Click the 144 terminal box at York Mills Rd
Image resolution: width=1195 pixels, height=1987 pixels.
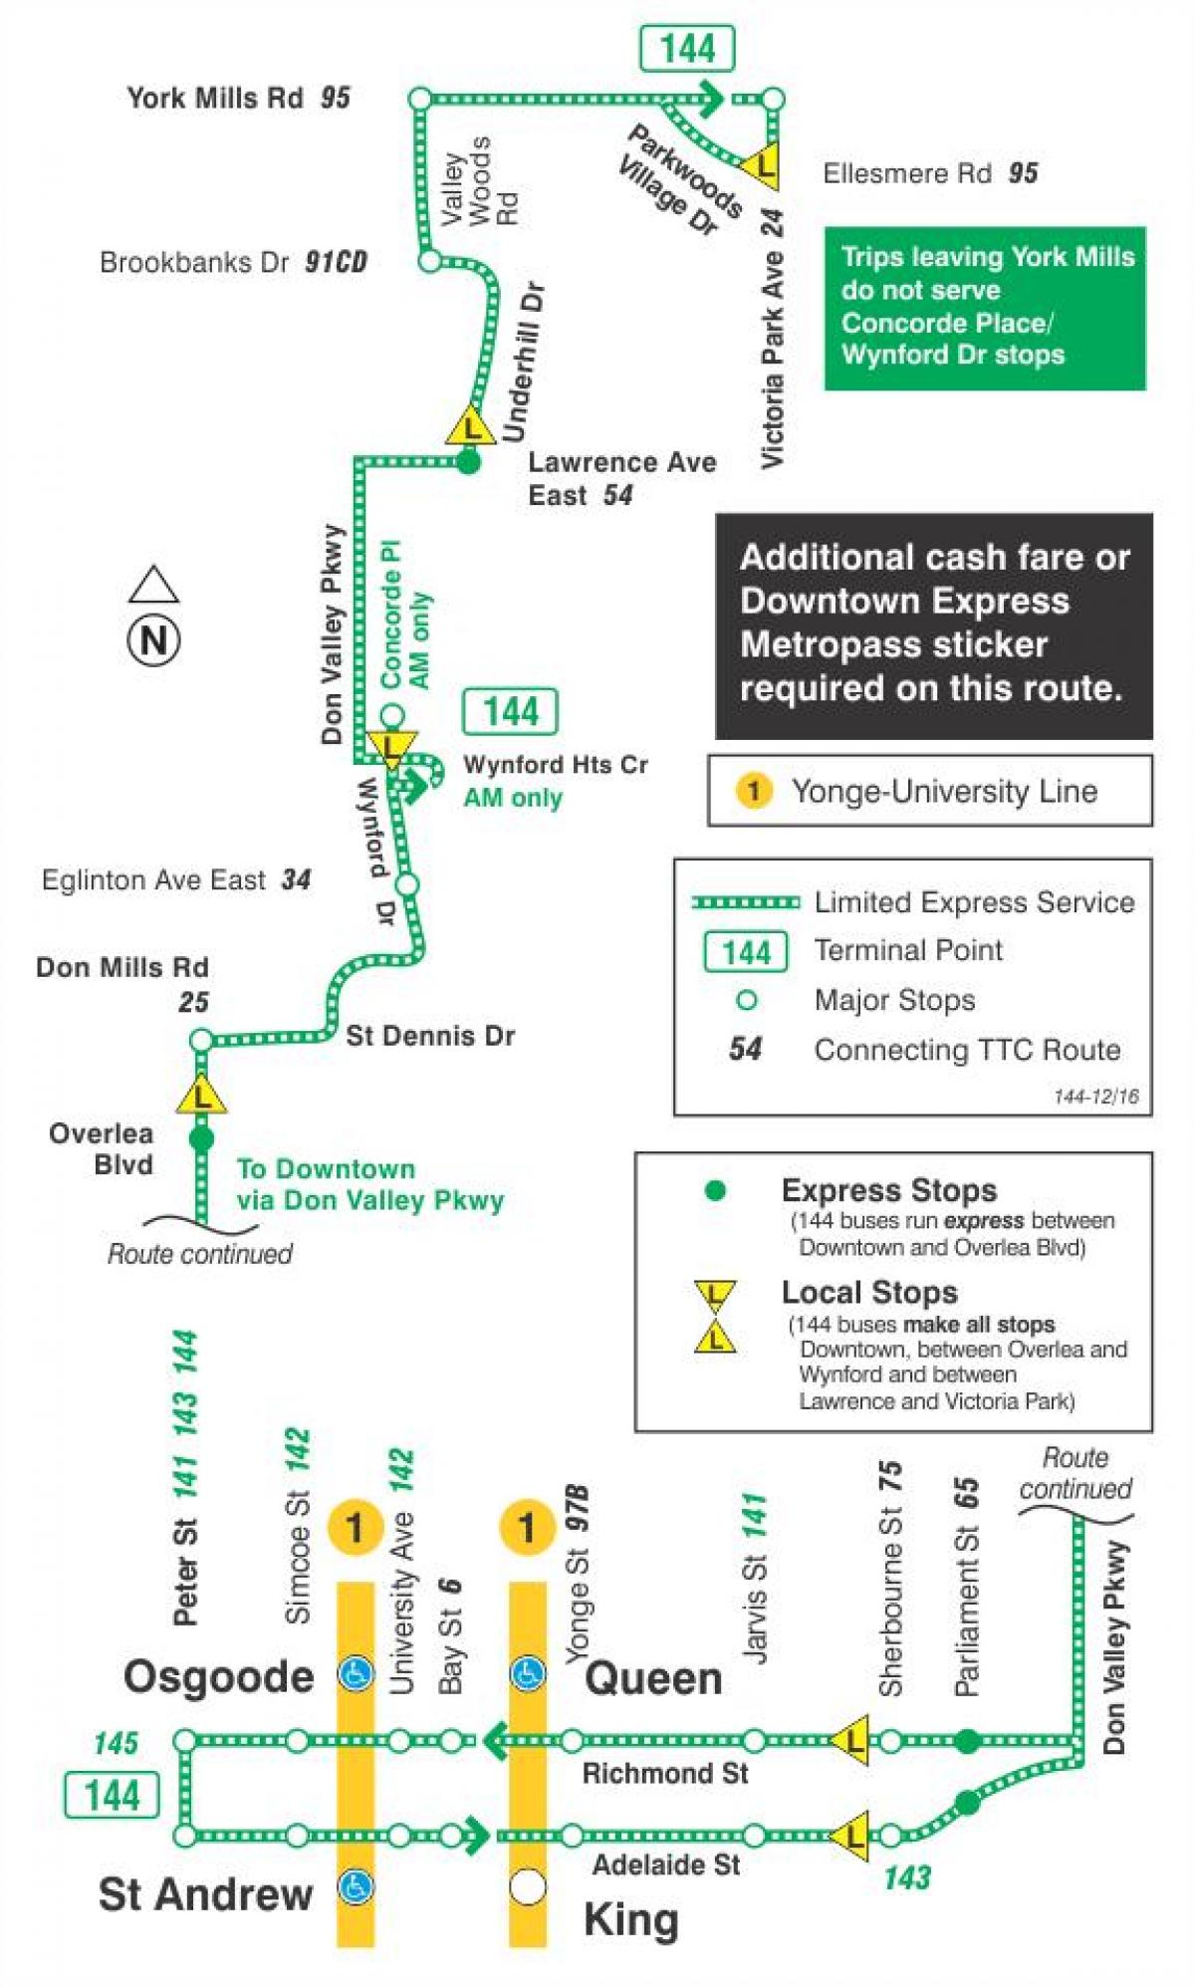[x=687, y=49]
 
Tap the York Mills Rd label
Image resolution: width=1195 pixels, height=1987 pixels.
[x=214, y=98]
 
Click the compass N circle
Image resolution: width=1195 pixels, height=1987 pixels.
[x=153, y=639]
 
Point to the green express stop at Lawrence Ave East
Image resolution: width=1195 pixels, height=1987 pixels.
[x=468, y=461]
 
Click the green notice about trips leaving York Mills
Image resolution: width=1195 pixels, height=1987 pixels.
[x=984, y=307]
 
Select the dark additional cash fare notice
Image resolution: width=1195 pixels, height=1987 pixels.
[x=933, y=624]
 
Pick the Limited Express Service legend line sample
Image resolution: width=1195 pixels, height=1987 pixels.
[x=746, y=902]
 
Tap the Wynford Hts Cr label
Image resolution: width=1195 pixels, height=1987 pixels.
[x=555, y=765]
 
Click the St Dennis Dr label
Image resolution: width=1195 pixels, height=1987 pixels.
[x=430, y=1036]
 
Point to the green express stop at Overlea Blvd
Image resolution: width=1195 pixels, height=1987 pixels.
[x=201, y=1138]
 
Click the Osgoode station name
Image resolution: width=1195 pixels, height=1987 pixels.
[x=218, y=1677]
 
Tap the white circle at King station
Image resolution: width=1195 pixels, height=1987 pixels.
[x=528, y=1885]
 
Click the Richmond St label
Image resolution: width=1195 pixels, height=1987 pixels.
[x=664, y=1774]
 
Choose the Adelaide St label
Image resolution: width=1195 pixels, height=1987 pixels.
[x=665, y=1864]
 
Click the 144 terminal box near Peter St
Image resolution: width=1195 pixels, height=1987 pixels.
[x=112, y=1795]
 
